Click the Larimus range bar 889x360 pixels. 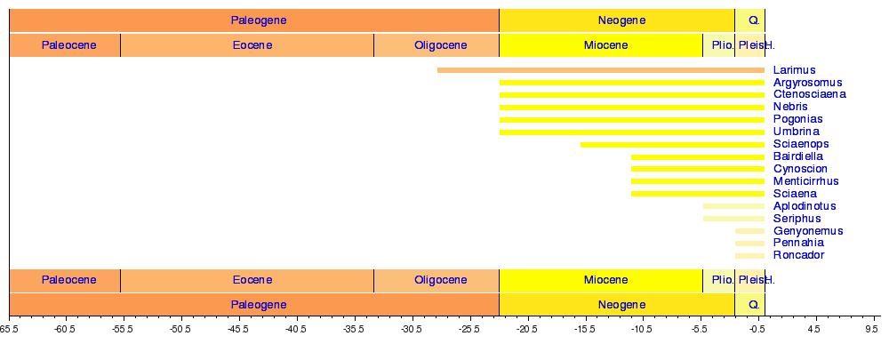point(600,70)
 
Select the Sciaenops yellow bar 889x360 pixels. point(672,144)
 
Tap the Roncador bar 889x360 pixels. point(749,256)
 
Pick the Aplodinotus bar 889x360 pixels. point(733,206)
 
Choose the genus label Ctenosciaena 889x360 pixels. point(809,94)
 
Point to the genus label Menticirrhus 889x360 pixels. point(805,181)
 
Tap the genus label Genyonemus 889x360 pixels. point(808,231)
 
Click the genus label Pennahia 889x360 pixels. point(798,243)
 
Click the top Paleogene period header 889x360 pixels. point(258,20)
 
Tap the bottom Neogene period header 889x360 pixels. point(621,304)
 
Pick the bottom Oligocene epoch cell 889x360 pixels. point(440,281)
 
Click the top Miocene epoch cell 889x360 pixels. point(605,45)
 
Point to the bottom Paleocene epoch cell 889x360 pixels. point(68,281)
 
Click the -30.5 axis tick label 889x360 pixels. point(411,328)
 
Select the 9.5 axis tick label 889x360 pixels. point(870,328)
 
